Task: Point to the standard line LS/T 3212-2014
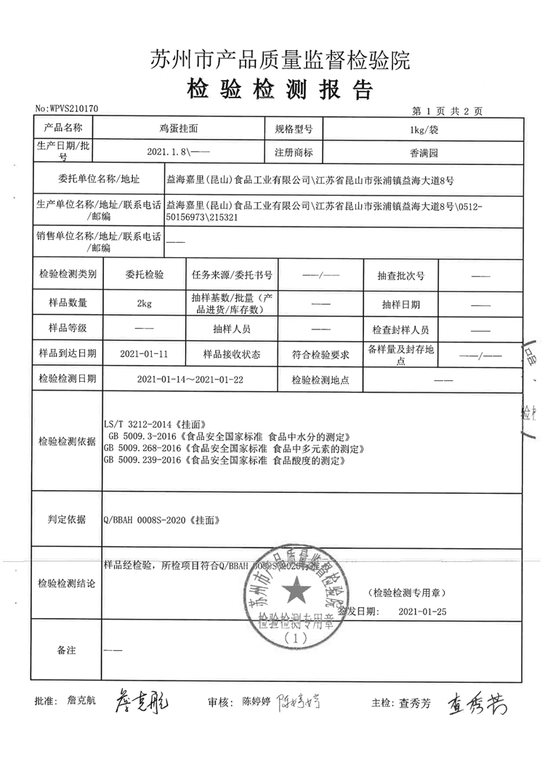click(157, 423)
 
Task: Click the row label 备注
click(66, 649)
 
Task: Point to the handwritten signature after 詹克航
click(142, 702)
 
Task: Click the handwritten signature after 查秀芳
click(475, 702)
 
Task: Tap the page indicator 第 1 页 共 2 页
click(447, 111)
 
